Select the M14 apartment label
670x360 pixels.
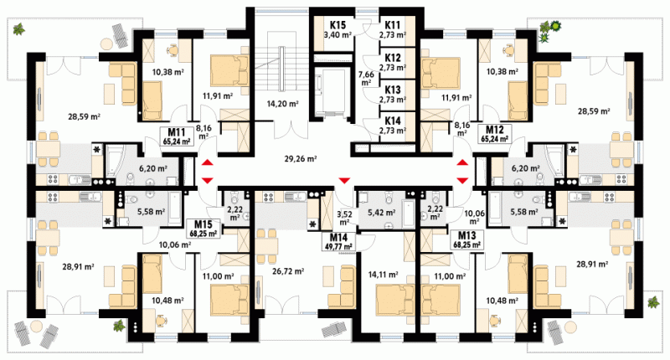point(338,238)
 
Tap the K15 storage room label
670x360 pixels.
point(338,25)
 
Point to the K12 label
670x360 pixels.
point(392,57)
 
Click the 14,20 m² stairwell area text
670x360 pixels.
point(282,103)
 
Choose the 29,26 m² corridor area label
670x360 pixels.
point(301,159)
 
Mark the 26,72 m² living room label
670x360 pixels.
point(288,270)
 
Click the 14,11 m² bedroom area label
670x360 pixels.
point(383,275)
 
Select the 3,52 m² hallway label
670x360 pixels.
point(344,218)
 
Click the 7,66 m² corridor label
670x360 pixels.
point(366,78)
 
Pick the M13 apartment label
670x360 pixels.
point(467,235)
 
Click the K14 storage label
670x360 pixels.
point(392,121)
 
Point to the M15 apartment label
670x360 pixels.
point(203,224)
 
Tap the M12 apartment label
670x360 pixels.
point(495,130)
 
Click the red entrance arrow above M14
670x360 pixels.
point(344,180)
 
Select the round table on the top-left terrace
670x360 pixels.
point(106,44)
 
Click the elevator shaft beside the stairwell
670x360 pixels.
point(332,95)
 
